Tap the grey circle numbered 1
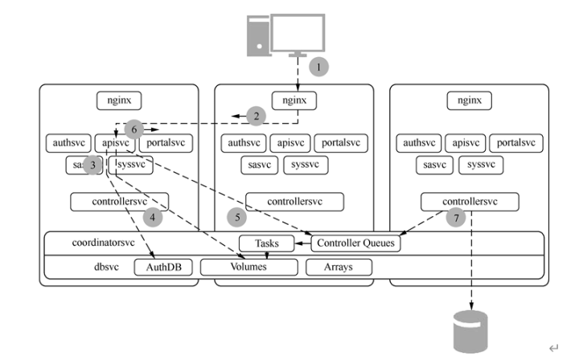pos(319,67)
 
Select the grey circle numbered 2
pos(256,116)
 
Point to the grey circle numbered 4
pos(152,217)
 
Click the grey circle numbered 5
pos(235,217)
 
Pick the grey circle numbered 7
pos(456,217)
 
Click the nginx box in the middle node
pos(294,100)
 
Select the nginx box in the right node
pos(470,100)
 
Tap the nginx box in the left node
pos(119,100)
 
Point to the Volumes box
pos(245,267)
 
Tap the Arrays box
pos(339,267)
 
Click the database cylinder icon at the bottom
pos(470,329)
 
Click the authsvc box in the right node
pos(418,143)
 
